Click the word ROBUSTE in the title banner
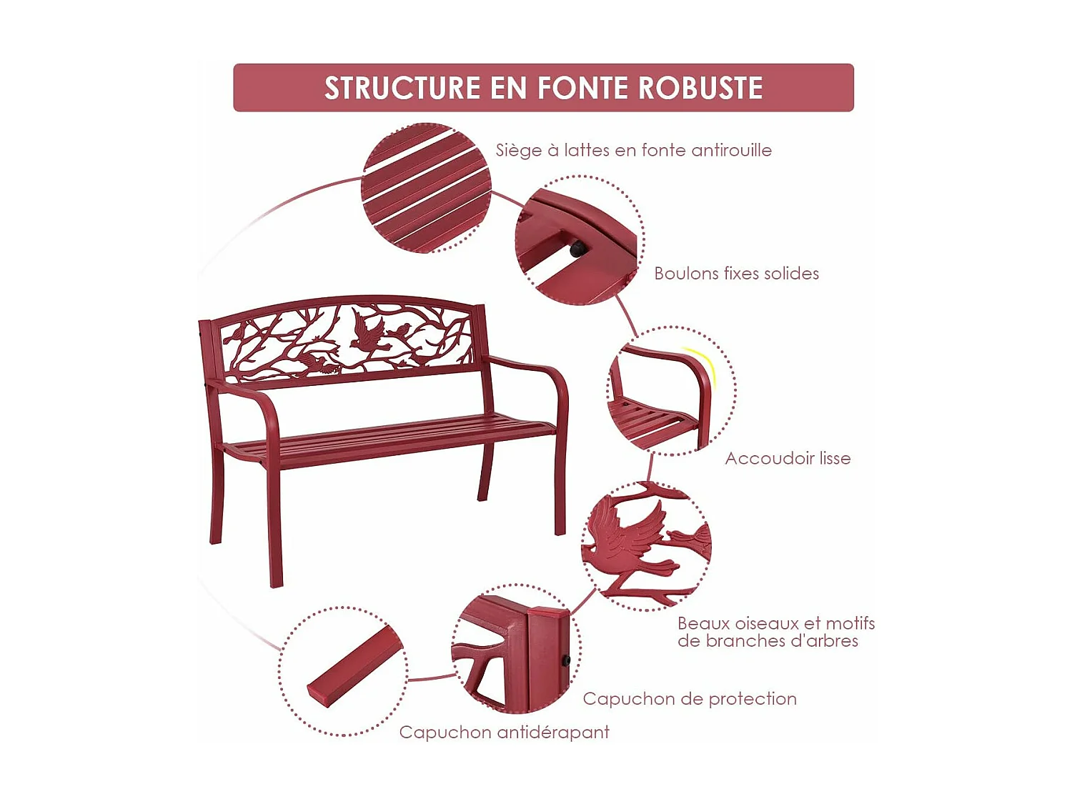click(700, 88)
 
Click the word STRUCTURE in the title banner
click(403, 88)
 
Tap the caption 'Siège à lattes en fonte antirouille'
click(633, 150)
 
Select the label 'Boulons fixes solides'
click(736, 274)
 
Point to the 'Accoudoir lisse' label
click(788, 459)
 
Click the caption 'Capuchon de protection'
click(689, 699)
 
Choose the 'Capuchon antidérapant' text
click(504, 733)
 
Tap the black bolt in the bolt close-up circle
click(577, 249)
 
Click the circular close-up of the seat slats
click(426, 188)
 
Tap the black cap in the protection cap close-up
click(565, 661)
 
